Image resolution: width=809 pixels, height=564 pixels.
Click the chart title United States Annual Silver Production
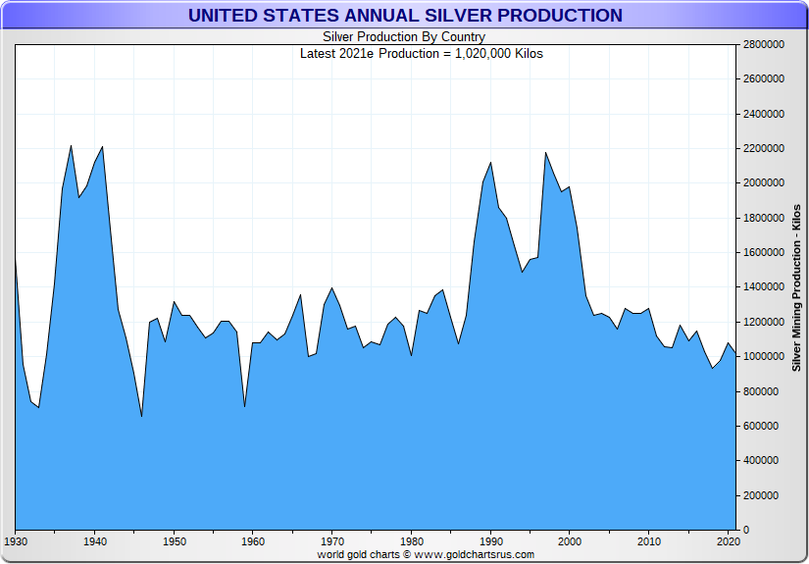pos(404,16)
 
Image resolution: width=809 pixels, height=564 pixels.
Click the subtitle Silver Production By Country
pos(404,37)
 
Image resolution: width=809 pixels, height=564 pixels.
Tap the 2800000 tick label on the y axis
pos(763,44)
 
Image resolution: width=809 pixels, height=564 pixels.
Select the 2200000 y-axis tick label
pos(763,148)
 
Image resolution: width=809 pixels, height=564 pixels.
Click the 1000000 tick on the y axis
pos(763,357)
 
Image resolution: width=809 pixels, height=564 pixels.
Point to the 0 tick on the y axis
pos(746,531)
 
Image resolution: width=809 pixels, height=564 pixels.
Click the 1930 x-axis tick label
pos(16,541)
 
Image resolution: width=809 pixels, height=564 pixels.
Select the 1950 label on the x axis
pos(174,541)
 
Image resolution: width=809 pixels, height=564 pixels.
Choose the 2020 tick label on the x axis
pos(728,541)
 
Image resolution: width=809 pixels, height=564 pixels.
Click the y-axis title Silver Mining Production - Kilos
pos(796,287)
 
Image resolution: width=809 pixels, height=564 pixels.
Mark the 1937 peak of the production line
pos(71,146)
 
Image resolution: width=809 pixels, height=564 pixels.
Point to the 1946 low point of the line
pos(142,417)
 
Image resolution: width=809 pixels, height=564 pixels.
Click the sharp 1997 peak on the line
pos(545,152)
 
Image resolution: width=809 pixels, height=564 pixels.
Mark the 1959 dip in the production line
pos(244,406)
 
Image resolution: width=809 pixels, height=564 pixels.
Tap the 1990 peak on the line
pos(490,163)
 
